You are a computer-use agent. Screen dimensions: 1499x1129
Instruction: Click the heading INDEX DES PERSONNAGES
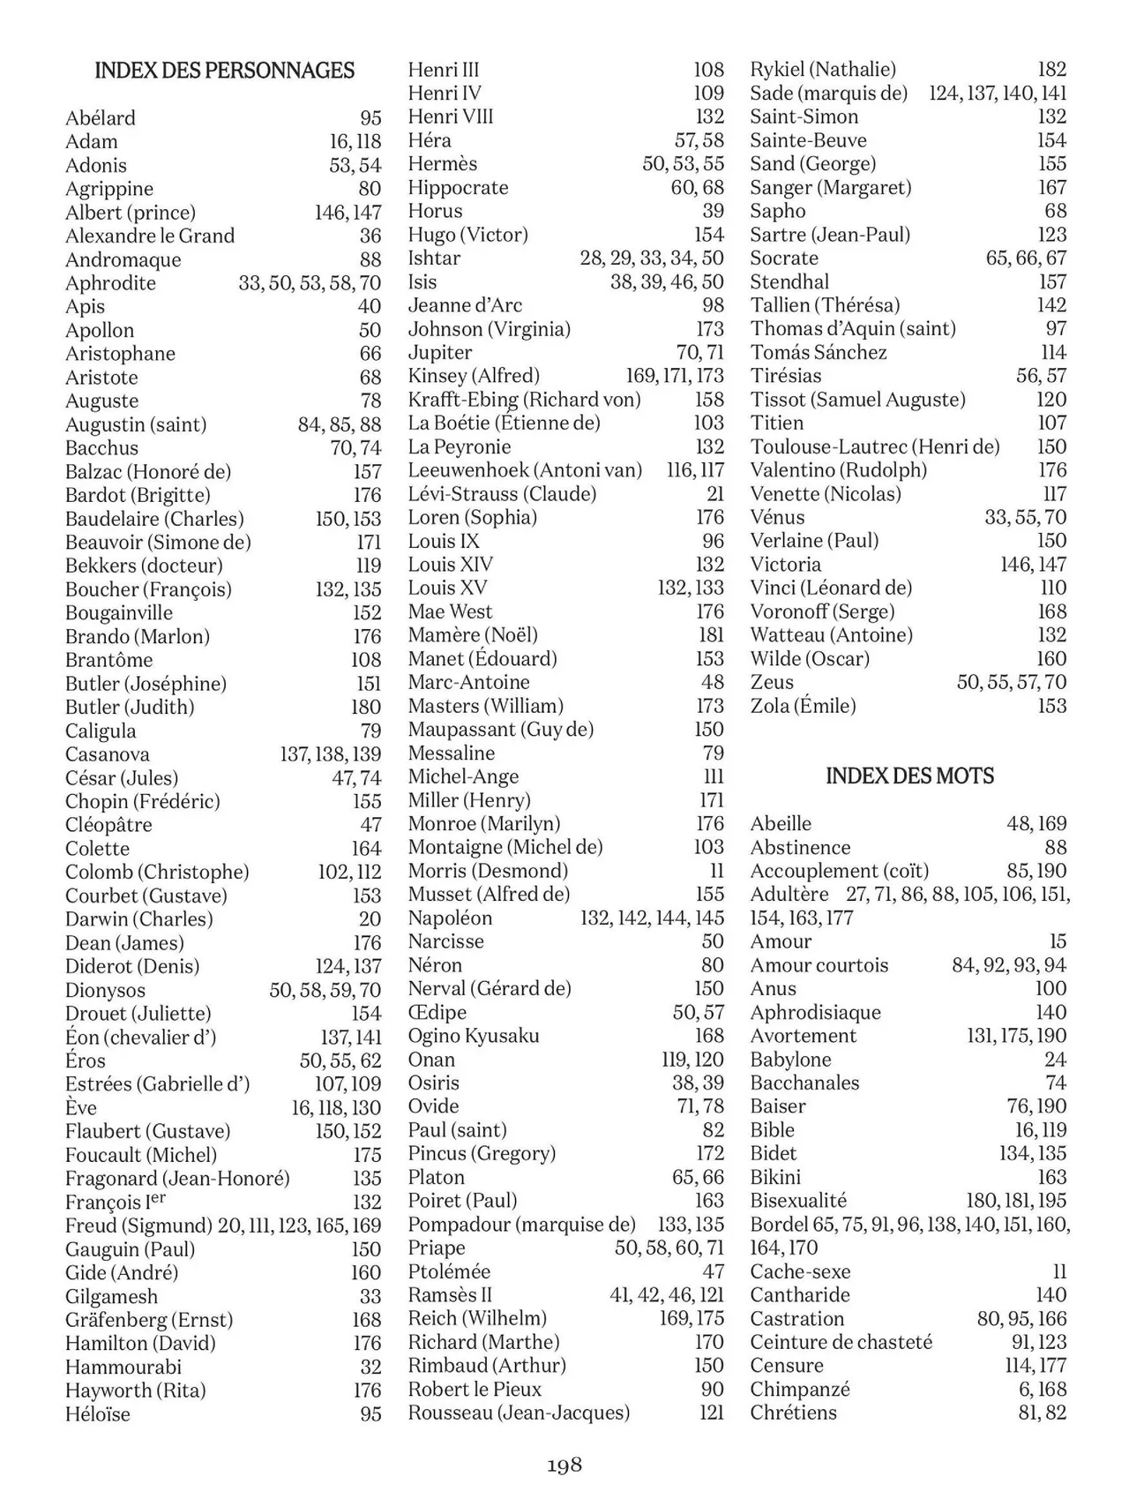coord(224,71)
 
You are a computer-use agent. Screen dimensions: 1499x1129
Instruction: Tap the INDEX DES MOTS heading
coord(909,776)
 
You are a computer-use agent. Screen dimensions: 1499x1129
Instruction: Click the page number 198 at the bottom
coord(564,1465)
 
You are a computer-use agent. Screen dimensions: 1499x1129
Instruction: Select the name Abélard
coord(101,118)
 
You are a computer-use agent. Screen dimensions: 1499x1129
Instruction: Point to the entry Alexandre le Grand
coord(150,236)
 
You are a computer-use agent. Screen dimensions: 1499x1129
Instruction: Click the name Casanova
coord(108,754)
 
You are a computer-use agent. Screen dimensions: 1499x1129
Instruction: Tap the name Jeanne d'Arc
coord(465,305)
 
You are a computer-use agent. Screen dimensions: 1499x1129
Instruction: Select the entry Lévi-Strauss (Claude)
coord(502,494)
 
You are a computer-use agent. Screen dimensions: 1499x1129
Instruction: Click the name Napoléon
coord(450,918)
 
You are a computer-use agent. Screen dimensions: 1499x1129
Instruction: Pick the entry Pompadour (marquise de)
coord(521,1225)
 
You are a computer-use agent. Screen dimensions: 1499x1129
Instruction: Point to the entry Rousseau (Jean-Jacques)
coord(519,1413)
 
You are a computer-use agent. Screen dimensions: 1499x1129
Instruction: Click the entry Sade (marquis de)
coord(828,94)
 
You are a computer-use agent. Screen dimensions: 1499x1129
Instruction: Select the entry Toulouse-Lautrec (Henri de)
coord(875,446)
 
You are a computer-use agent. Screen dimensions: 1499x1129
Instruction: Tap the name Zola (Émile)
coord(803,706)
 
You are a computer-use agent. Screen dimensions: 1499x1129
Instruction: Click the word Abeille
coord(781,824)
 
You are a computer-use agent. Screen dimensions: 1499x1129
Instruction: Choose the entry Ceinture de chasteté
coord(841,1342)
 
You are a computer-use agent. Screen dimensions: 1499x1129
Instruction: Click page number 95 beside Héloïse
coord(370,1414)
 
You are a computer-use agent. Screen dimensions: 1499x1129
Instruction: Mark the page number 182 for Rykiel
coord(1051,70)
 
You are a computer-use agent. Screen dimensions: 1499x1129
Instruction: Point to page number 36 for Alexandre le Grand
coord(370,236)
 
